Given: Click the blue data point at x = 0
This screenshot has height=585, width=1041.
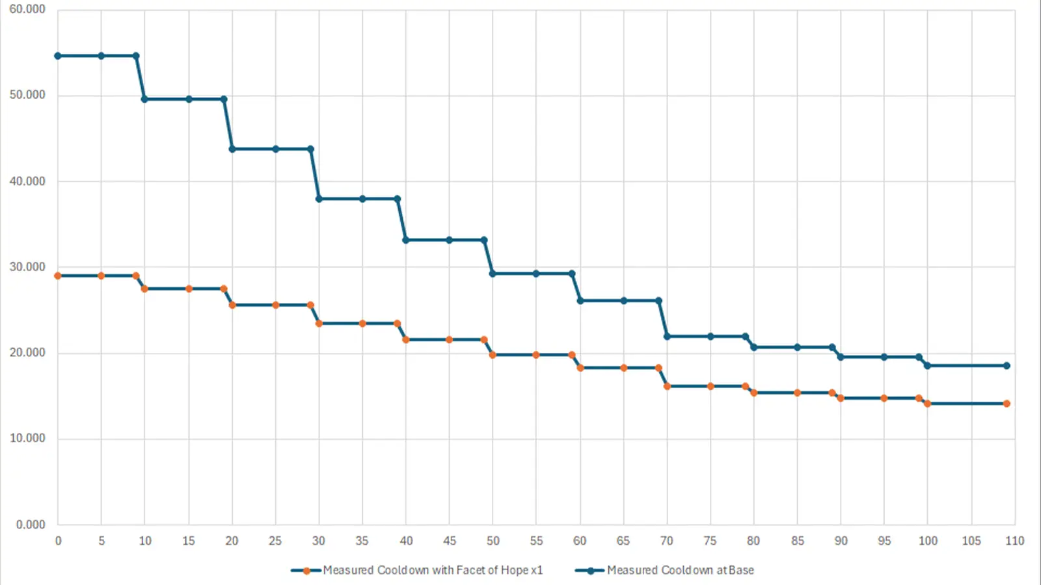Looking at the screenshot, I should [x=58, y=56].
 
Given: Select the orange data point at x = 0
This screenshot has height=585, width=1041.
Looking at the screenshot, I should [x=58, y=276].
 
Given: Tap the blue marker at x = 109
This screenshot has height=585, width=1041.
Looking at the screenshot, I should [x=1007, y=365].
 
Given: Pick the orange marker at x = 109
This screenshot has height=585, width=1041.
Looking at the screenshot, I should [x=1007, y=404].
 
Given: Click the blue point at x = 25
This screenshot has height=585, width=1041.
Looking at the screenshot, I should [x=276, y=149].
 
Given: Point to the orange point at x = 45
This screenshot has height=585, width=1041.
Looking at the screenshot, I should [x=450, y=339].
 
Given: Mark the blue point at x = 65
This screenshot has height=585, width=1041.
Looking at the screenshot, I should [x=623, y=300].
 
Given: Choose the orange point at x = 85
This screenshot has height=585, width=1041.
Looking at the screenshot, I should [x=797, y=393].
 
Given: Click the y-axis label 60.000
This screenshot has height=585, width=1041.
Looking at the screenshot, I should [x=27, y=9].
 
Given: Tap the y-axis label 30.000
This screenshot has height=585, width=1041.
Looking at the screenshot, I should [x=27, y=266].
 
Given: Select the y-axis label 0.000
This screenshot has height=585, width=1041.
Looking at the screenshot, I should [x=31, y=525].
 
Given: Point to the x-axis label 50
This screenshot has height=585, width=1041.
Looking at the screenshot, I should [x=493, y=541].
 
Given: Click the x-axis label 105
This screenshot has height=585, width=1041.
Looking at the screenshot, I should [x=971, y=541].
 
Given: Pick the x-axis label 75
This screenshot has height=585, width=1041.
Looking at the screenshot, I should [x=710, y=541].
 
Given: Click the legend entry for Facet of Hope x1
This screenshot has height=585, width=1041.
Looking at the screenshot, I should [x=433, y=570].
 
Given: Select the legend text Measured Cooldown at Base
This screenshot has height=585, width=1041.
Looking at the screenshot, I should [x=681, y=570].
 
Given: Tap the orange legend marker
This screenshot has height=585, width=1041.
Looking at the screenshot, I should [x=306, y=571].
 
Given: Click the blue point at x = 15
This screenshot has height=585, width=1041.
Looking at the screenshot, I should [x=189, y=99].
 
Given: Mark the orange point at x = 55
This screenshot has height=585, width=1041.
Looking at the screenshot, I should [x=536, y=355].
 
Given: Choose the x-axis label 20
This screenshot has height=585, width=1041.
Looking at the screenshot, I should [x=232, y=541].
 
